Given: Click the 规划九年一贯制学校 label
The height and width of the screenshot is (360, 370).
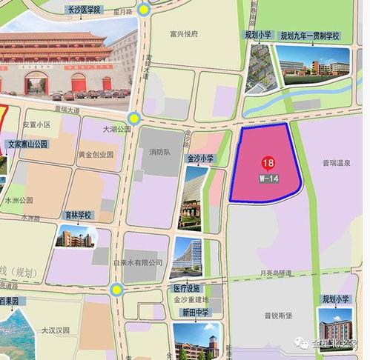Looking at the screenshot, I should click(310, 36).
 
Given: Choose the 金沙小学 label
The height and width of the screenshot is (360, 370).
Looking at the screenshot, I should click(199, 159).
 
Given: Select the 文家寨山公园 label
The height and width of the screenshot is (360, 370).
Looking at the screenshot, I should click(27, 144).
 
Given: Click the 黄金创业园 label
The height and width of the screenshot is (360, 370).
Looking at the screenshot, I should click(96, 155).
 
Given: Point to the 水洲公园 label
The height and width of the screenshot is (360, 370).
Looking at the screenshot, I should click(19, 201).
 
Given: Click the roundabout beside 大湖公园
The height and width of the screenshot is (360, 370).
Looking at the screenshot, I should click(134, 117).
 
